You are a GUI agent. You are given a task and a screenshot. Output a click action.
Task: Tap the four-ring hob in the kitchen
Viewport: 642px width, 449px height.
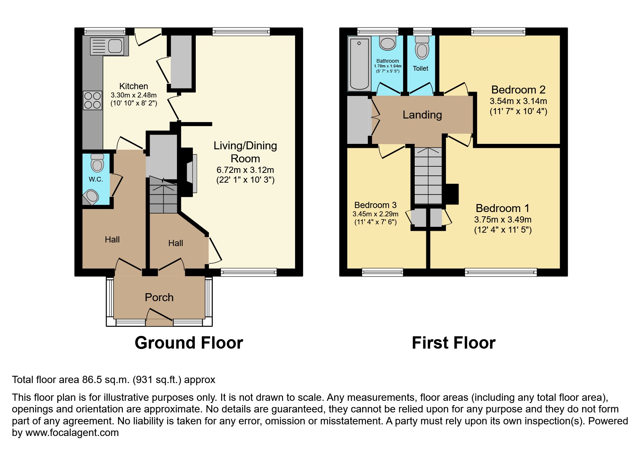tap(92, 100)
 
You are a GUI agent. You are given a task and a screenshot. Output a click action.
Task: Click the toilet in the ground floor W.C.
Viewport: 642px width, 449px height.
tap(97, 163)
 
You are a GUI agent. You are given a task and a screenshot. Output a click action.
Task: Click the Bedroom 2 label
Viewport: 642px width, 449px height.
tap(518, 90)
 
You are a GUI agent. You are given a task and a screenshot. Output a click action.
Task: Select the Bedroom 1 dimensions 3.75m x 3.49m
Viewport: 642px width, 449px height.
tap(502, 219)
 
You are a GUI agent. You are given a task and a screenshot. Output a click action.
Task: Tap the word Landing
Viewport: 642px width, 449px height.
tap(422, 115)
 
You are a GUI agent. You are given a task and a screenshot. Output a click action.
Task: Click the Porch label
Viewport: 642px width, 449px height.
tap(159, 297)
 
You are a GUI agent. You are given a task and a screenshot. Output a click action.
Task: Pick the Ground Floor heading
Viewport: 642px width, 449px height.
tap(189, 342)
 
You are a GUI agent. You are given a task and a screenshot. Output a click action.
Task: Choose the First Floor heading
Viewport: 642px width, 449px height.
tap(453, 342)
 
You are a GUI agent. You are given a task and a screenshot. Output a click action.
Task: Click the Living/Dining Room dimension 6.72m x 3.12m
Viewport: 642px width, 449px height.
tap(245, 170)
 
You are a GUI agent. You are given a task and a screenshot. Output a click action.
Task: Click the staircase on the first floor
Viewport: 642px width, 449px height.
tap(428, 176)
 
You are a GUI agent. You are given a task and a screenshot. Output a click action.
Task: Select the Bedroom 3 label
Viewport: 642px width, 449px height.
tap(375, 205)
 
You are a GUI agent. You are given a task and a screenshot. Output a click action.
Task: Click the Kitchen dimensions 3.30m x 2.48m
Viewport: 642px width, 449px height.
tap(133, 95)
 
